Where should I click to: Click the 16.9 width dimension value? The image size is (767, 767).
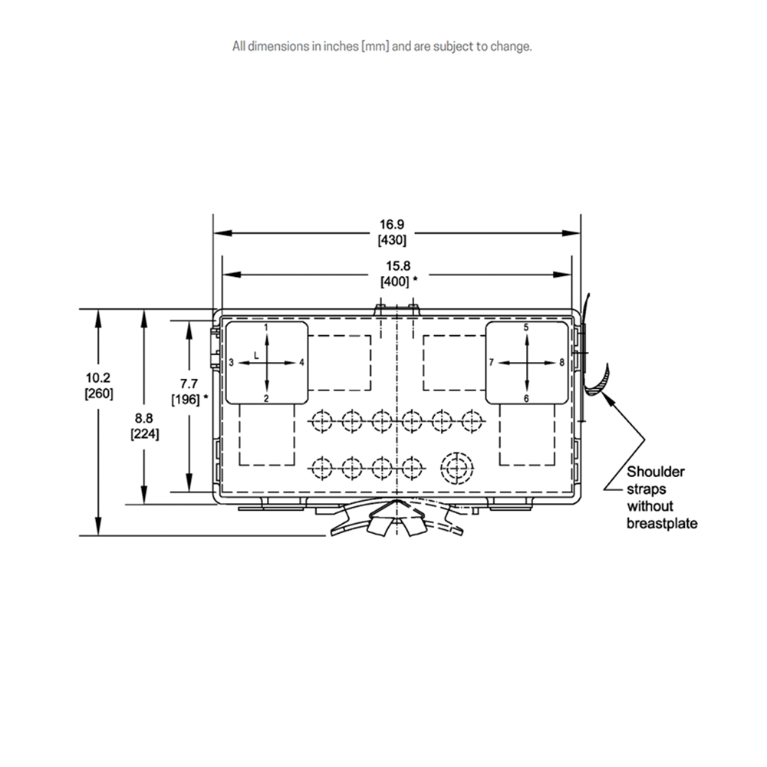coord(392,225)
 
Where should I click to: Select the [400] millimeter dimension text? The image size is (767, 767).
coord(394,281)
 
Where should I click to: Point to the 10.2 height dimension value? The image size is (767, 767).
coord(98,377)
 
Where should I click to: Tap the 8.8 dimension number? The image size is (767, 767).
coord(144,418)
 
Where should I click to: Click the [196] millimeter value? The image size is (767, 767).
coord(186,400)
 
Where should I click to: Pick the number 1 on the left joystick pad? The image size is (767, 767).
coord(266,327)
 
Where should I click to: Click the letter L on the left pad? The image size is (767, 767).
coord(256,356)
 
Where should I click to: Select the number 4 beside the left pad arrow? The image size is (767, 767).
coord(301,363)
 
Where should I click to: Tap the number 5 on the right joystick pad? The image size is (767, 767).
coord(526,328)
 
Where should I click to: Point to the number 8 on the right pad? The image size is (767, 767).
coord(562,363)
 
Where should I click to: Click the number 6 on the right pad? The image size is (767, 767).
coord(526,399)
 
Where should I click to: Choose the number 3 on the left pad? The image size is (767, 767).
coord(232,363)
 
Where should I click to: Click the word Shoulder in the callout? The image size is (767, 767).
coord(656,472)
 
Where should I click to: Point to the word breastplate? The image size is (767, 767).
coord(662,524)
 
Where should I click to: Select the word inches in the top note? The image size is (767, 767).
coord(341,47)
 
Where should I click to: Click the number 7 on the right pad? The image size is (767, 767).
coord(492,363)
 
